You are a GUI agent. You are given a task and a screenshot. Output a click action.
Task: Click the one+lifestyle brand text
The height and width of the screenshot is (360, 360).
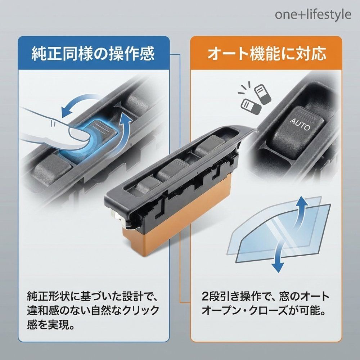coord(313,14)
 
